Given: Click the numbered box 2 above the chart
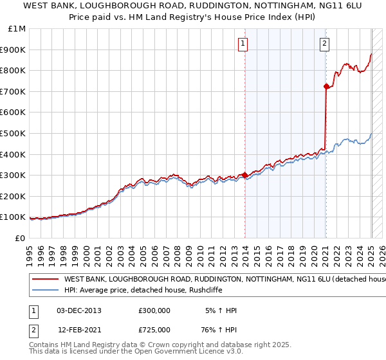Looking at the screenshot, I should [x=324, y=44].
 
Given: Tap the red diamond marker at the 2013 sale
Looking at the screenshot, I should [x=245, y=175].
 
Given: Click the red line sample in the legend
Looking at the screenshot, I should [x=45, y=280].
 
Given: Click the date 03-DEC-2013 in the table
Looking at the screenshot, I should [x=79, y=310].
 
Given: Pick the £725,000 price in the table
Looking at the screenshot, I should [x=154, y=330].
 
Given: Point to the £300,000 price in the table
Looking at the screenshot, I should [x=154, y=310].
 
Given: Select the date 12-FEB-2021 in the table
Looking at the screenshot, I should [x=79, y=330].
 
